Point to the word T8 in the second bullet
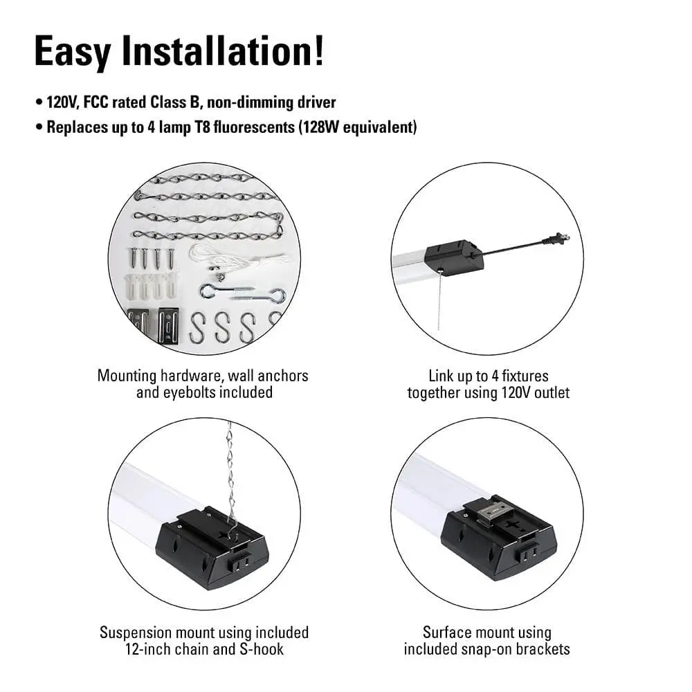(201, 127)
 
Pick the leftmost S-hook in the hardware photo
(198, 327)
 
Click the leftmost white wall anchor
(132, 286)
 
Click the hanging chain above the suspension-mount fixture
(230, 477)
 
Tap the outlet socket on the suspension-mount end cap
(239, 564)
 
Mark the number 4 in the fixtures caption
(495, 376)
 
